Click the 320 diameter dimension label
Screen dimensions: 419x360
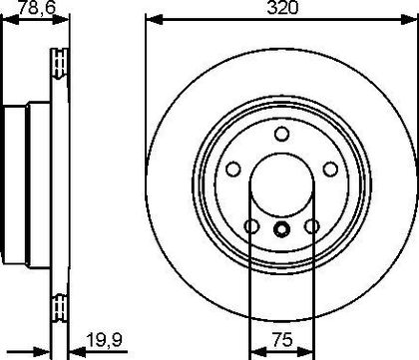coord(283,8)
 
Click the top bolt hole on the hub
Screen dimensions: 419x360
coord(281,134)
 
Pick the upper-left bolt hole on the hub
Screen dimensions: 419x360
coord(233,169)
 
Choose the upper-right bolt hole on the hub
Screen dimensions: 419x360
coord(330,169)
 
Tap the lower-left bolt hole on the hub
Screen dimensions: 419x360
coord(251,226)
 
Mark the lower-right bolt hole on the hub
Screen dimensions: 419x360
coord(312,226)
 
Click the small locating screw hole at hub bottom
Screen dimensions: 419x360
coord(281,229)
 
